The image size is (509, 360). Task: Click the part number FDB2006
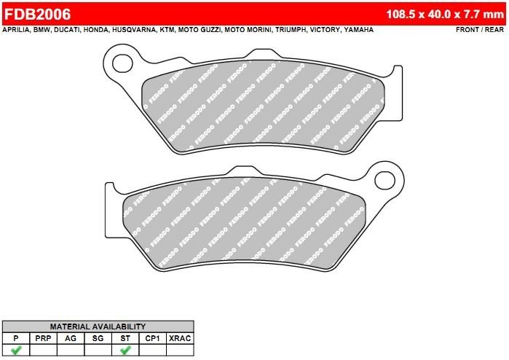point(37,14)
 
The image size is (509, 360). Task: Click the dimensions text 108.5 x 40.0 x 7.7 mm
point(445,14)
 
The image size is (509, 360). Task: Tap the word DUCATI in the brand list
point(67,30)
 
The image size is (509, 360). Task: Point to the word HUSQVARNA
point(134,30)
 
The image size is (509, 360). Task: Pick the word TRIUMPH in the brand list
point(291,30)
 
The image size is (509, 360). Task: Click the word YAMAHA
point(359,30)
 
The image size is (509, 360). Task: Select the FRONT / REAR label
point(480,30)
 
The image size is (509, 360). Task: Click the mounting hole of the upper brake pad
point(122,63)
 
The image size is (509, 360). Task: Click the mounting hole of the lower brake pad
point(384,180)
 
